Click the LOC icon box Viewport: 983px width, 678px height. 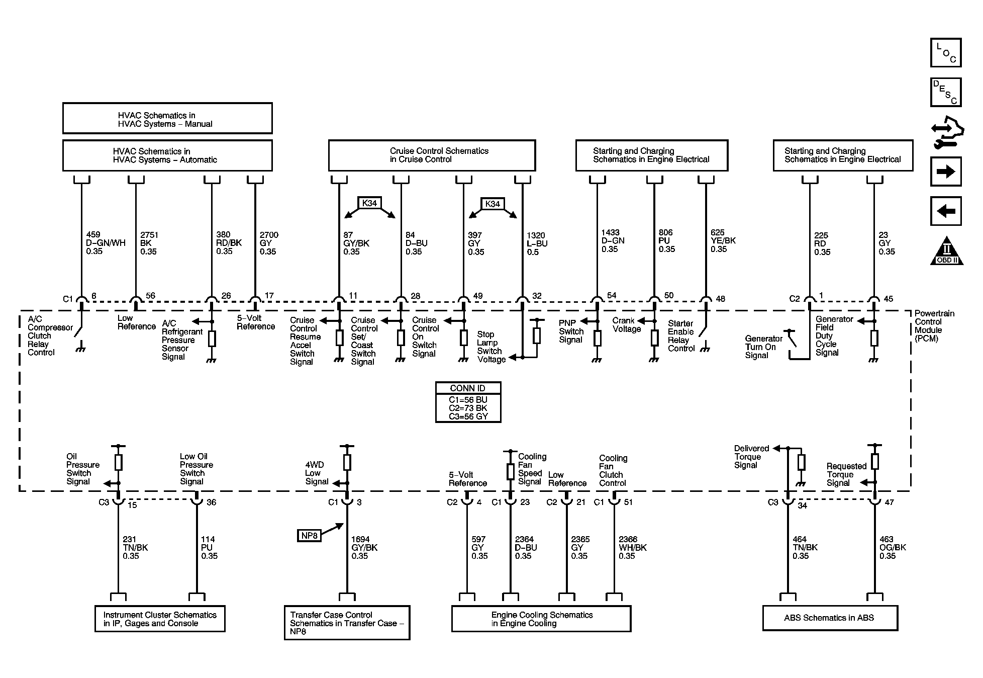pyautogui.click(x=946, y=52)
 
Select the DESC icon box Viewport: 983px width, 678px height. pyautogui.click(x=946, y=92)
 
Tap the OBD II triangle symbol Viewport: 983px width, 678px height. pyautogui.click(x=947, y=250)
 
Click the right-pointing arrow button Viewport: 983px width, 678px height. pyautogui.click(x=946, y=172)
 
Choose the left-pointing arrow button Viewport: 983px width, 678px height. pyautogui.click(x=946, y=211)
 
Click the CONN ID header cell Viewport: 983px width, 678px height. pyautogui.click(x=468, y=388)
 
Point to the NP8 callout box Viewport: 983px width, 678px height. pyautogui.click(x=309, y=536)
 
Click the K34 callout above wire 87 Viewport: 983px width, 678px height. pyautogui.click(x=369, y=203)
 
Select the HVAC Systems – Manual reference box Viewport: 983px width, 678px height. pyautogui.click(x=167, y=119)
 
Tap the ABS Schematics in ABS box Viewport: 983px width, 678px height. pyautogui.click(x=830, y=618)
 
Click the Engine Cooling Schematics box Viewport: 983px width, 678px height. pyautogui.click(x=541, y=619)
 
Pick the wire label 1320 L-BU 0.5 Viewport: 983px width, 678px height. pyautogui.click(x=537, y=243)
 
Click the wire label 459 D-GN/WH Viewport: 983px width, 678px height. pyautogui.click(x=105, y=243)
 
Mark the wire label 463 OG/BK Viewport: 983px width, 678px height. pyautogui.click(x=893, y=548)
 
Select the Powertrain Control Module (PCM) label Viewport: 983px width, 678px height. pyautogui.click(x=934, y=326)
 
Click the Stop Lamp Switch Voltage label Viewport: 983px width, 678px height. pyautogui.click(x=491, y=347)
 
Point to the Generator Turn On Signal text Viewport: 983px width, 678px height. pyautogui.click(x=764, y=347)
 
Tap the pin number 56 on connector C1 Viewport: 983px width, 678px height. pyautogui.click(x=150, y=296)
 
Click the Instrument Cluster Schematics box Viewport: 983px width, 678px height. pyautogui.click(x=160, y=619)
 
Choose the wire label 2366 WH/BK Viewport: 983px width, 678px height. pyautogui.click(x=633, y=548)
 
